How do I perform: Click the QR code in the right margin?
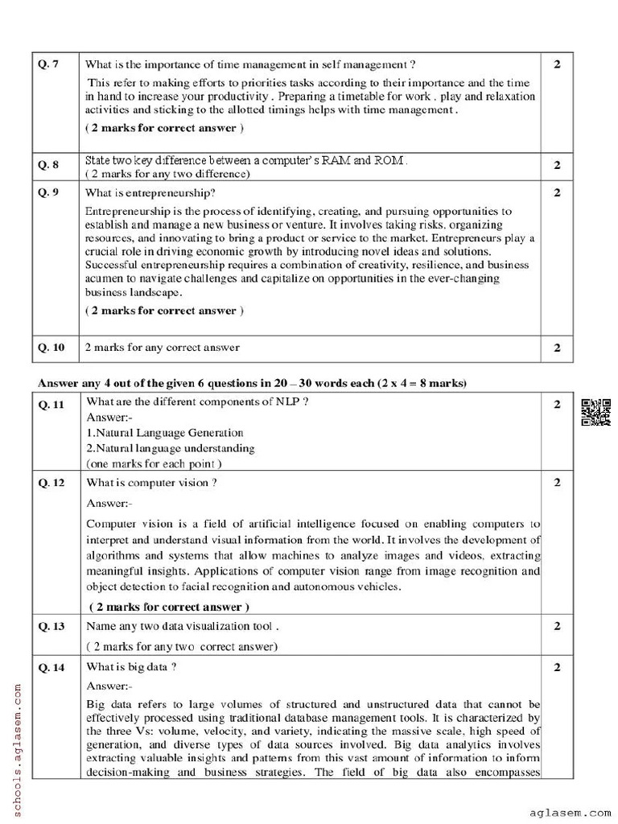click(593, 410)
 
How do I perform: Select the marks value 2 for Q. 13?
click(557, 625)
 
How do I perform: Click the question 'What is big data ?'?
click(131, 667)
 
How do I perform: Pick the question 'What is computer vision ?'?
click(150, 483)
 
